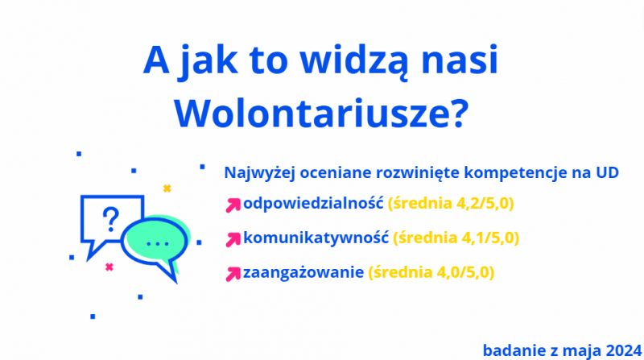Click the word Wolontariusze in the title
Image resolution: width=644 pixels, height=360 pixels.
click(x=321, y=114)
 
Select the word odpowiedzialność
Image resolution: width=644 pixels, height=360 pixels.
click(x=313, y=204)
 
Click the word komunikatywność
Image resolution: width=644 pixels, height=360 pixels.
click(x=316, y=238)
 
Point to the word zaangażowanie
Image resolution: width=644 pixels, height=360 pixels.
click(x=303, y=273)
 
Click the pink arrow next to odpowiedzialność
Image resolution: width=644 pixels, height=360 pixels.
click(x=233, y=205)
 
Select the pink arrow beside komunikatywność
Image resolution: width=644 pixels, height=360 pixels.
click(x=233, y=239)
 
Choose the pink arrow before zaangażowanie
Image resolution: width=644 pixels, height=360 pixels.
click(x=233, y=274)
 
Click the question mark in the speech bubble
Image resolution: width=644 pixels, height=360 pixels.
click(x=110, y=219)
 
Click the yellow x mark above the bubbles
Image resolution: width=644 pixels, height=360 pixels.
click(x=167, y=188)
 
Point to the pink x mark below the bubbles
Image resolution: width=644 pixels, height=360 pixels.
click(x=109, y=267)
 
